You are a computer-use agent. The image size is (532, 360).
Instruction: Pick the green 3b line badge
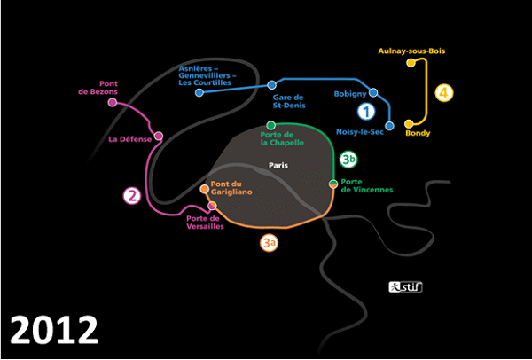[349, 160]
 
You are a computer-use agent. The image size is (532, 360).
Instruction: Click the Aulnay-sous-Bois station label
[411, 51]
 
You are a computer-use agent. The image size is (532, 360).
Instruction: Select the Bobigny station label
[350, 93]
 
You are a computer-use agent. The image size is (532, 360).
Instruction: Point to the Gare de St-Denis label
[287, 102]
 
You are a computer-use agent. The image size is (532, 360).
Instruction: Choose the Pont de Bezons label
[91, 89]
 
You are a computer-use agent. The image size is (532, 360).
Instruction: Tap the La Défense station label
[128, 139]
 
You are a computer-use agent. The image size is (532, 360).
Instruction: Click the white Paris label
[280, 165]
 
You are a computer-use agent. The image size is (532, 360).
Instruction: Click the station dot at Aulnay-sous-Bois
[411, 63]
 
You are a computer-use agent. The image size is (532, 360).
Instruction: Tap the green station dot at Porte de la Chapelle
[271, 126]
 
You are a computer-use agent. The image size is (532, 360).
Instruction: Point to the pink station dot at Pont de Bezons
[113, 103]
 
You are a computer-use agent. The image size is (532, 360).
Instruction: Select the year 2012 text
[55, 329]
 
